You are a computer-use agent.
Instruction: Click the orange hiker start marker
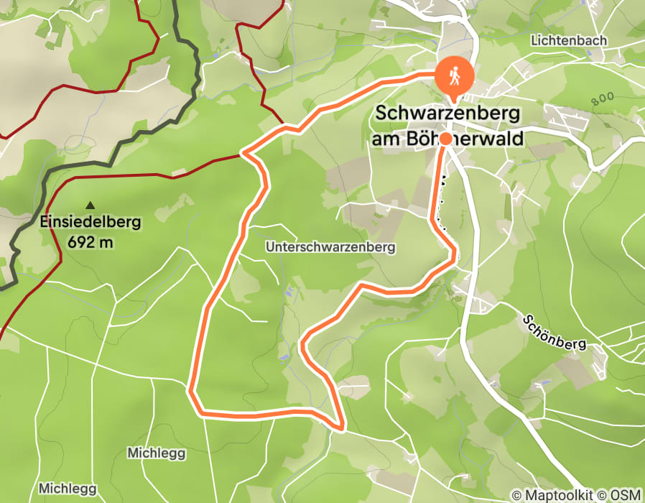click(x=455, y=75)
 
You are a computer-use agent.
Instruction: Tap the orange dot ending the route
click(x=445, y=139)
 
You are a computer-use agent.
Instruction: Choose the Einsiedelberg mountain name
click(x=91, y=222)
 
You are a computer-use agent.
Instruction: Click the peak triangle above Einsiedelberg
click(x=91, y=205)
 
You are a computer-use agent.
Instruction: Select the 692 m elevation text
click(x=91, y=241)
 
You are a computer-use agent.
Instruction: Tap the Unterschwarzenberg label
click(x=330, y=247)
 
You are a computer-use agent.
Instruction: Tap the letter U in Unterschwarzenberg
click(x=269, y=247)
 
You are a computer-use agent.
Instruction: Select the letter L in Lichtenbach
click(x=534, y=41)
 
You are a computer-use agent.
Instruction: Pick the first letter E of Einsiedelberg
click(x=45, y=222)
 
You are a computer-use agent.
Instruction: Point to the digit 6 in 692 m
click(x=71, y=241)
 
